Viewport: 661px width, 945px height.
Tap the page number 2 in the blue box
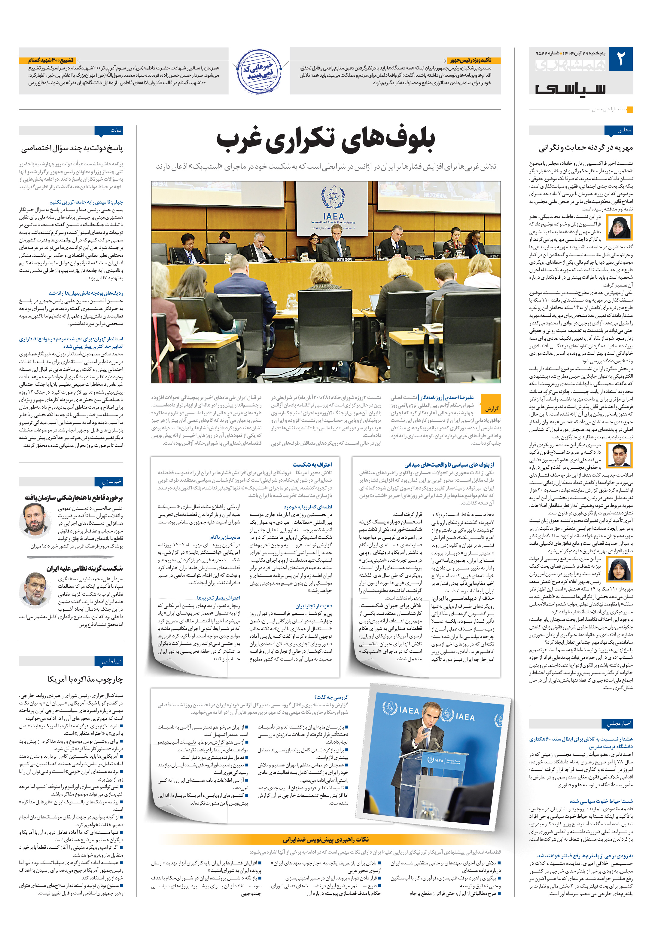click(x=621, y=59)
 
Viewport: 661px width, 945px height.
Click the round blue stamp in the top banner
click(x=259, y=71)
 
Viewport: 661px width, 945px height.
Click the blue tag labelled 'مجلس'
click(x=618, y=130)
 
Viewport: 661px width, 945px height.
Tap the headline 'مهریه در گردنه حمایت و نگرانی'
click(x=585, y=148)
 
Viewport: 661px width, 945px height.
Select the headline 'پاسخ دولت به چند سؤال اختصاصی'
click(x=72, y=148)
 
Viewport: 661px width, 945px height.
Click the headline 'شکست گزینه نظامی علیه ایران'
click(x=84, y=568)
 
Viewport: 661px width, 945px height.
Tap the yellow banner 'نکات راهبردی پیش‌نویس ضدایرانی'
click(x=325, y=839)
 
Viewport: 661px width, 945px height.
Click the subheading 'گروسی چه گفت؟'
click(x=331, y=697)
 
